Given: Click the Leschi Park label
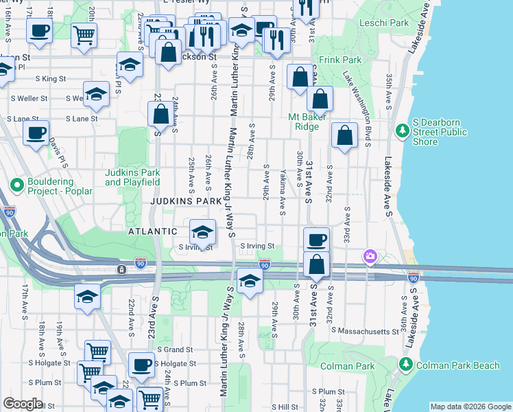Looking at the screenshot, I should tap(387, 23).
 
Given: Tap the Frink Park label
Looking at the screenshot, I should tap(334, 60).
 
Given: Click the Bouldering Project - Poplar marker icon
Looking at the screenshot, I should tap(15, 184).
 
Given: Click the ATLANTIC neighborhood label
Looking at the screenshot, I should tap(153, 232).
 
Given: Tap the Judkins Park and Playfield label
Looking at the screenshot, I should tap(132, 177).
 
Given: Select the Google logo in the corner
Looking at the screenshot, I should tap(23, 404).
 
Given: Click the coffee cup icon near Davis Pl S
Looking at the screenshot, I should tap(36, 133).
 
